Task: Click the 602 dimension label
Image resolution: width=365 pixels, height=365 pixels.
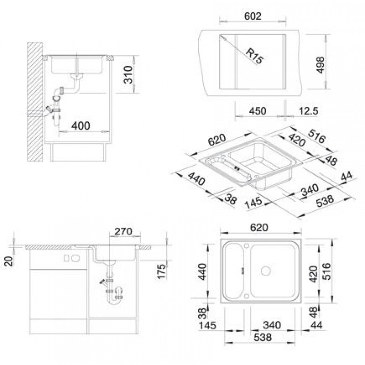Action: pos(253,16)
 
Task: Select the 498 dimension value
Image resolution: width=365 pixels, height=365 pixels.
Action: pos(321,65)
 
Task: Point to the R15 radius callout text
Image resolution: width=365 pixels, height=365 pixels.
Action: pos(255,56)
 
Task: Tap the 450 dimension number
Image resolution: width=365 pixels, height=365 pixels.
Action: pos(257,111)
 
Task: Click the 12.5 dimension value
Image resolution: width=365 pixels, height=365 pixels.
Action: pos(308,111)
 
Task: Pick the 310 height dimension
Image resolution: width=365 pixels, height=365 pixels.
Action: pos(128,74)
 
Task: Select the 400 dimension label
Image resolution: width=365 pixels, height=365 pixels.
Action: pos(81,126)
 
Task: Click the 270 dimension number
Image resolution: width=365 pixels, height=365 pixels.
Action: pos(123,231)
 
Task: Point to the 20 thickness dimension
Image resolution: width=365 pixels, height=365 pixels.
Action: pos(9,261)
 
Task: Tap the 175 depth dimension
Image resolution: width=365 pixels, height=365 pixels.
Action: pos(161,271)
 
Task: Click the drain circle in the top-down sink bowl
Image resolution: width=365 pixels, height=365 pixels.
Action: pos(266,271)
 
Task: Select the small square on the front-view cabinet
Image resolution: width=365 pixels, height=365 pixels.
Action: pos(66,258)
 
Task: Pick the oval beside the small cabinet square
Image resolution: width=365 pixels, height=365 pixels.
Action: pos(75,258)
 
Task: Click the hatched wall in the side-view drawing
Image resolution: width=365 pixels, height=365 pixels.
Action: pos(35,102)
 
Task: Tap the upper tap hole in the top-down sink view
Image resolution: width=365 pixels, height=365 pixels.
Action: pos(247,245)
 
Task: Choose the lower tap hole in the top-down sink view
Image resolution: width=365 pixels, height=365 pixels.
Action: pos(247,296)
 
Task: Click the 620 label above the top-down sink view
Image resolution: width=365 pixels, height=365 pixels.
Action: pos(259,227)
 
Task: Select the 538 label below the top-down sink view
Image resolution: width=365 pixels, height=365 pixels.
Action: pos(263,337)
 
